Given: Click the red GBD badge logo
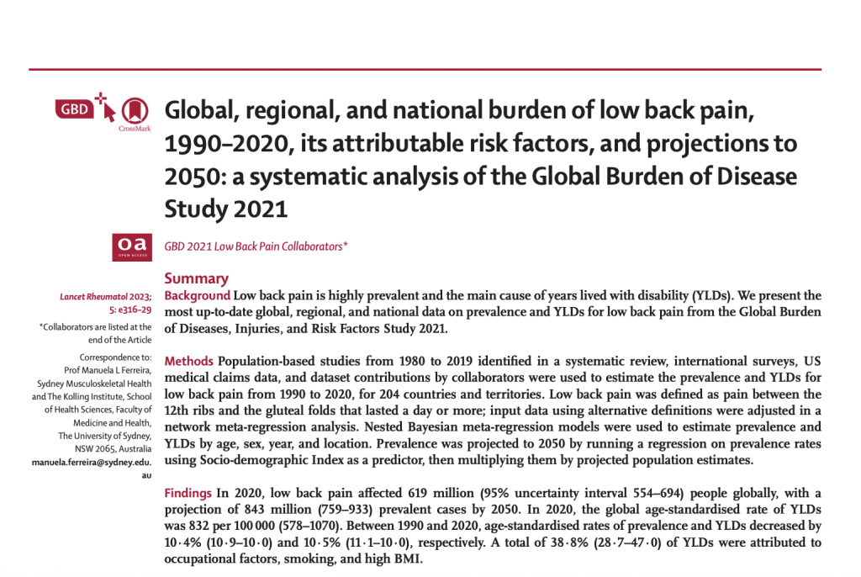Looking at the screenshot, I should pyautogui.click(x=75, y=109).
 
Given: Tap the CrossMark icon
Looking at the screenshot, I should pyautogui.click(x=130, y=110).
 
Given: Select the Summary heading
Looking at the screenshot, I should pyautogui.click(x=196, y=278).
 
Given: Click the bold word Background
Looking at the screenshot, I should pyautogui.click(x=197, y=296).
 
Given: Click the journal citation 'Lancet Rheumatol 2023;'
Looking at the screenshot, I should pyautogui.click(x=106, y=297).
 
